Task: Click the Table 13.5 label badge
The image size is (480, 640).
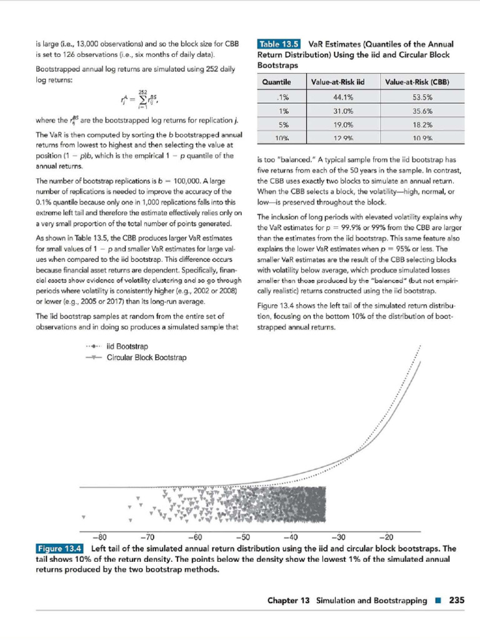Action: point(279,44)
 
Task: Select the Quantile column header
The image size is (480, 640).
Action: point(276,82)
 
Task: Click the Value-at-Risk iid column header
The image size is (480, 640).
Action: point(337,82)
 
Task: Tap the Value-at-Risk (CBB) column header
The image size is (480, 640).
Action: point(417,82)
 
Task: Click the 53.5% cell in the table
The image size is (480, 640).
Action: point(422,97)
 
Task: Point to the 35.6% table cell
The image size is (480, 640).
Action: point(422,111)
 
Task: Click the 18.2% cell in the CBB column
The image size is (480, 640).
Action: point(422,124)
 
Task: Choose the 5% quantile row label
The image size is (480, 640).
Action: point(282,124)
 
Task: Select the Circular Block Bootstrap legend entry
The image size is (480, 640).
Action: point(146,357)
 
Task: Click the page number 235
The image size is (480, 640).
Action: point(456,601)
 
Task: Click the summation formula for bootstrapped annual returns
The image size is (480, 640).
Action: point(138,100)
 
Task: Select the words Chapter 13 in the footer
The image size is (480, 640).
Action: point(288,601)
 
